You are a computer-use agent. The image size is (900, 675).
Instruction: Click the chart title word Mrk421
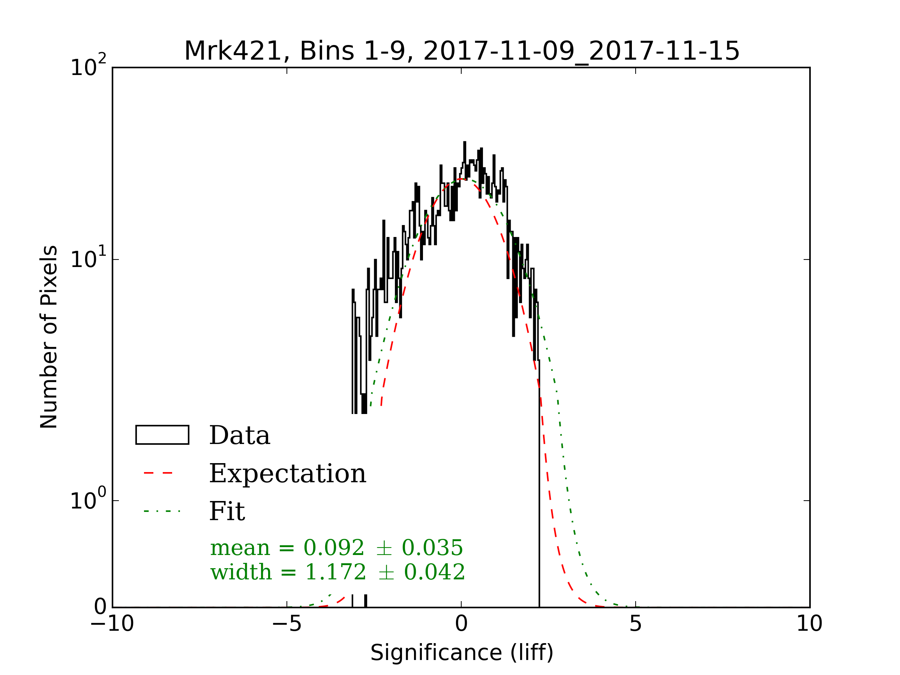pyautogui.click(x=233, y=51)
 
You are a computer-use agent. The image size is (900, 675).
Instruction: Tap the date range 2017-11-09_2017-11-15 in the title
pyautogui.click(x=581, y=51)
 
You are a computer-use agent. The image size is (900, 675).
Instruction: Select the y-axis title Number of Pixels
pyautogui.click(x=49, y=337)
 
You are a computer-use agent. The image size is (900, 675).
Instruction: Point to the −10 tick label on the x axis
pyautogui.click(x=112, y=623)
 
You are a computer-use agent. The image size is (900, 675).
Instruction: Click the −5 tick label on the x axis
pyautogui.click(x=287, y=623)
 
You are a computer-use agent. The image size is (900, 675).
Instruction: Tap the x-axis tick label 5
pyautogui.click(x=636, y=623)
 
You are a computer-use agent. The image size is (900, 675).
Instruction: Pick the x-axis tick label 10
pyautogui.click(x=809, y=623)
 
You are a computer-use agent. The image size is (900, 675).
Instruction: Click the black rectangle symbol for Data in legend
pyautogui.click(x=162, y=435)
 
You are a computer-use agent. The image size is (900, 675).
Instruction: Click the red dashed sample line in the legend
pyautogui.click(x=159, y=473)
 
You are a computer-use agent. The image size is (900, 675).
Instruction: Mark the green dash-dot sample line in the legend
pyautogui.click(x=162, y=511)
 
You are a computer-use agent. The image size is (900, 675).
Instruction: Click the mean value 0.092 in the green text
pyautogui.click(x=334, y=547)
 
